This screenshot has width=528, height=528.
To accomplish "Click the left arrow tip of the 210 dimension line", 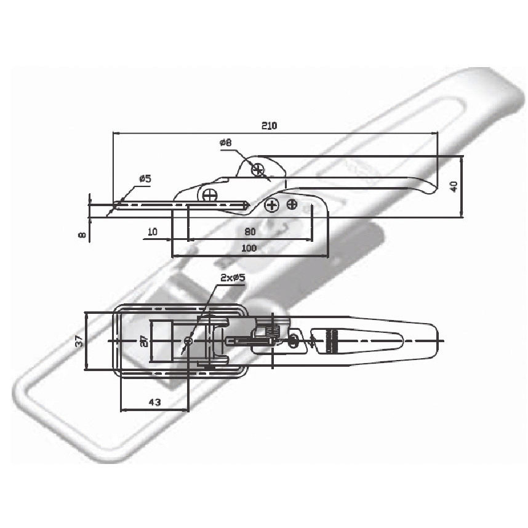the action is coord(113,133).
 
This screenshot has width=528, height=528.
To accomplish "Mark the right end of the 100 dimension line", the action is coord(328,255).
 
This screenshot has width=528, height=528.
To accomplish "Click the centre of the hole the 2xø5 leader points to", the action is coord(189,341).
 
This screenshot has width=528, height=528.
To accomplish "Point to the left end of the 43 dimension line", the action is coord(121,410).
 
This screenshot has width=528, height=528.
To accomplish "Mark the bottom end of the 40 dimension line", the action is coord(462,217).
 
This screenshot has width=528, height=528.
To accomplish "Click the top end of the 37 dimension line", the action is coord(86,313).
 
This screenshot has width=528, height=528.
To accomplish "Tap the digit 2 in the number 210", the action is coord(265,126).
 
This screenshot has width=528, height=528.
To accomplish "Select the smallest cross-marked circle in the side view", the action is coord(292,204).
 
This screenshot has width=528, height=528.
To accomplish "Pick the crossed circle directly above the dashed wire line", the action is coord(210,194).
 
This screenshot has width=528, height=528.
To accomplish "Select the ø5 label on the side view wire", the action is coord(145,179).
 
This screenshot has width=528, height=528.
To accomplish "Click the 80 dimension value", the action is coord(250,231).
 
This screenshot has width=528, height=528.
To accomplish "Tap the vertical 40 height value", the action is coord(454,186).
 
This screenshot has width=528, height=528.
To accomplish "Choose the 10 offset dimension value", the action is coord(153,231).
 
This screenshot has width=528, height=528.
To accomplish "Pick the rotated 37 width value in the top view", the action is coord(79,342).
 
